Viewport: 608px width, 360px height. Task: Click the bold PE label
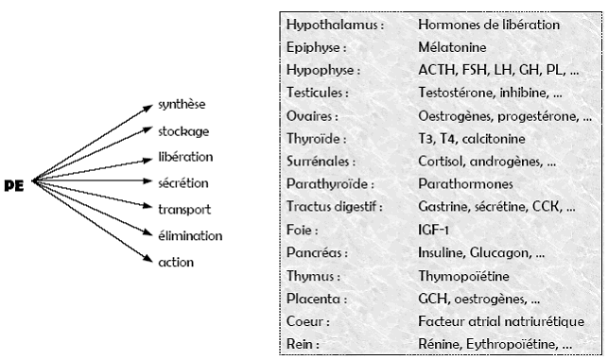pyautogui.click(x=14, y=185)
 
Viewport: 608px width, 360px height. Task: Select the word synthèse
pyautogui.click(x=182, y=105)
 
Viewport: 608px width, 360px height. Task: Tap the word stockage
pyautogui.click(x=183, y=131)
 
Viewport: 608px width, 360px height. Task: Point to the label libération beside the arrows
pyautogui.click(x=185, y=157)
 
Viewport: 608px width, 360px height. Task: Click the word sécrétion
pyautogui.click(x=183, y=183)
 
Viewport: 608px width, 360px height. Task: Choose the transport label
pyautogui.click(x=184, y=210)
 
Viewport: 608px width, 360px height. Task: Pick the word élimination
pyautogui.click(x=190, y=235)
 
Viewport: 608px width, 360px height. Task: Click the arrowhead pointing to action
pyautogui.click(x=148, y=258)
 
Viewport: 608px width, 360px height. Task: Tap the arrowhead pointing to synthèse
pyautogui.click(x=148, y=107)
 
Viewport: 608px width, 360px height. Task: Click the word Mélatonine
pyautogui.click(x=452, y=47)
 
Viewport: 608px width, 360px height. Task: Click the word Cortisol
pyautogui.click(x=442, y=162)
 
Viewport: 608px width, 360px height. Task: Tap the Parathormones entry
pyautogui.click(x=465, y=183)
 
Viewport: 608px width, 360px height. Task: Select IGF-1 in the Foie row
pyautogui.click(x=433, y=230)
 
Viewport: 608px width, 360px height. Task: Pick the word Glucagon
pyautogui.click(x=499, y=253)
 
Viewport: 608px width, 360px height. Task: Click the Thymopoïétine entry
pyautogui.click(x=463, y=276)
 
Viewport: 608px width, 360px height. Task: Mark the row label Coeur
pyautogui.click(x=304, y=321)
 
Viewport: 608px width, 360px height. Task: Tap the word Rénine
pyautogui.click(x=440, y=344)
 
